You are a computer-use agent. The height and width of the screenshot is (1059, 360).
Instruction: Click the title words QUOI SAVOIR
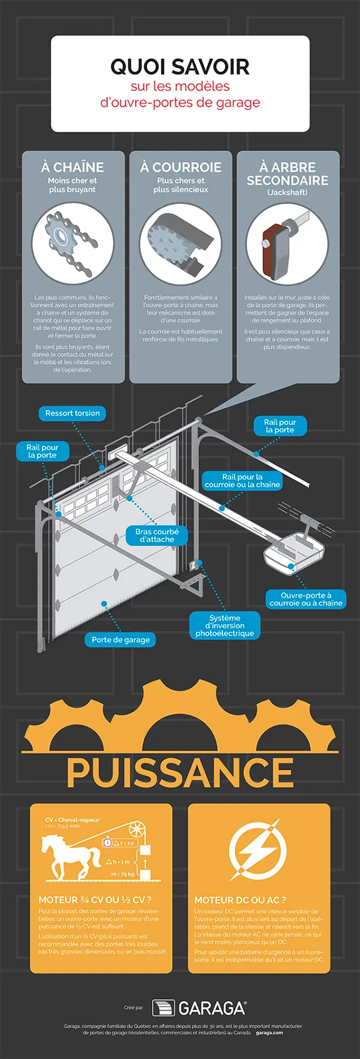coord(180,66)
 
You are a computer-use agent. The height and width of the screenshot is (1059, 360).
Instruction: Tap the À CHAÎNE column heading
coord(72,167)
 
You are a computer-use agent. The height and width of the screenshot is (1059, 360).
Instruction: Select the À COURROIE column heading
coord(181,167)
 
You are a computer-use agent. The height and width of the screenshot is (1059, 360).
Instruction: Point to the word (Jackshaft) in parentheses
coord(287,192)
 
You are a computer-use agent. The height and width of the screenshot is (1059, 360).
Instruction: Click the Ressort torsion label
coord(72,413)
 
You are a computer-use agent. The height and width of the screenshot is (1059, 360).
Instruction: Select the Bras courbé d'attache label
coord(157,535)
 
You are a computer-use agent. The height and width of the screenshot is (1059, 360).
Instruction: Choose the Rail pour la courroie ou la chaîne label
coord(242,481)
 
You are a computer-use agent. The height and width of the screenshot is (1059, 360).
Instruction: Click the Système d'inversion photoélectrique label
coord(225,625)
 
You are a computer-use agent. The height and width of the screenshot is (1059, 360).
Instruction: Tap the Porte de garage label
coord(121,640)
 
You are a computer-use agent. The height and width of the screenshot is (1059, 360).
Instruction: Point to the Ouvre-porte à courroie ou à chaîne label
coord(306,599)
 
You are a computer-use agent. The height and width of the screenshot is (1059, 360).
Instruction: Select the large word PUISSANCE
coord(180,772)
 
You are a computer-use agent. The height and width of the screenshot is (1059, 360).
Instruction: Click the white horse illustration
coord(69,857)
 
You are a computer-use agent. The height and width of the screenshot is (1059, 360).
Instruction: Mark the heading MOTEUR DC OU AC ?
coord(240,900)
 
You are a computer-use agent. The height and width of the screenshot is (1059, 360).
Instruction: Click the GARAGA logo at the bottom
coord(199,1008)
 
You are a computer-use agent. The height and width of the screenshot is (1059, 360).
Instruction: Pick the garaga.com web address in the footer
coord(269,1033)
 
